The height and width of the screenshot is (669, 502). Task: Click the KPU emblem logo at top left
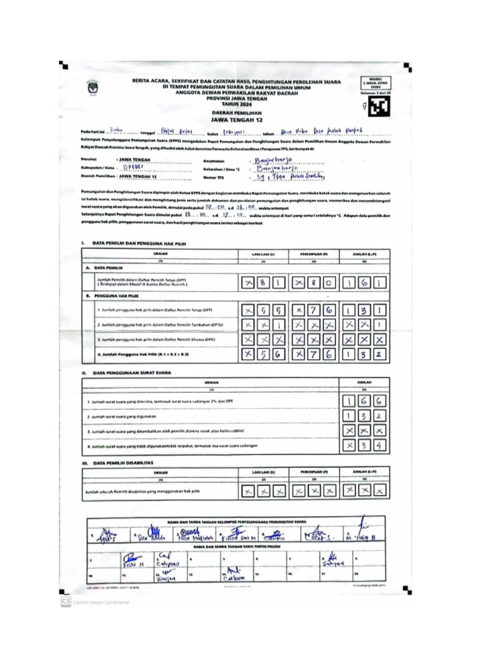point(90,88)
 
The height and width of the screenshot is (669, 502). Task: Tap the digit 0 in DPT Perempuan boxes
point(329,283)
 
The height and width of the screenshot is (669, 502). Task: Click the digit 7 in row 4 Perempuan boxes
point(313,355)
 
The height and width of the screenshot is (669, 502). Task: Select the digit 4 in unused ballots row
point(380,447)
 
